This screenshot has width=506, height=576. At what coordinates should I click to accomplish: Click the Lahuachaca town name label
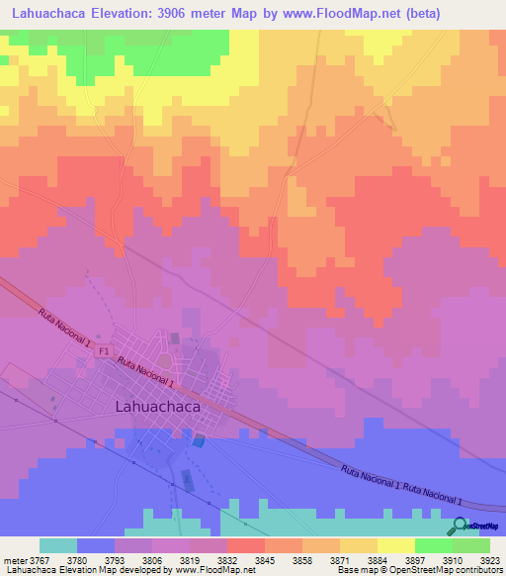pos(158,406)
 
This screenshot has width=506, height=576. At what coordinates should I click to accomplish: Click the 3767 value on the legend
pos(41,559)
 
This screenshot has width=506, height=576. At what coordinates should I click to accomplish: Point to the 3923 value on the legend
pos(490,559)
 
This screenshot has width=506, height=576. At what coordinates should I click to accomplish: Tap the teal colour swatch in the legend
pos(58,545)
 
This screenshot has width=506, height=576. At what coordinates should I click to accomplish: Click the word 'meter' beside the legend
pos(14,559)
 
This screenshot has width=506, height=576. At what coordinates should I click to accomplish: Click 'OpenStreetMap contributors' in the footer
pos(455,571)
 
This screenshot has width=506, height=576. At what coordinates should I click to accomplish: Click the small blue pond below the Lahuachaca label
pos(201,439)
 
